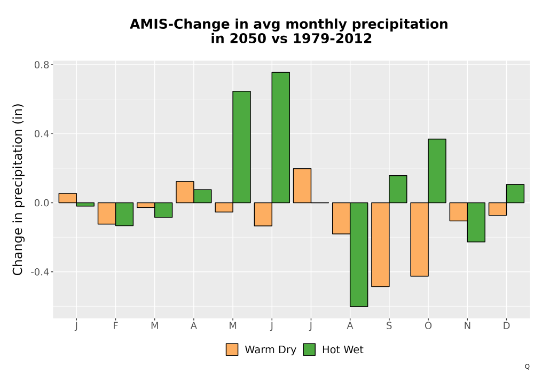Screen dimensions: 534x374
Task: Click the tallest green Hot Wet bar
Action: tap(281, 137)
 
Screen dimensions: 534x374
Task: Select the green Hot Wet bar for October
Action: tap(437, 170)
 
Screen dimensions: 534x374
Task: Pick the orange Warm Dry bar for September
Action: tap(380, 245)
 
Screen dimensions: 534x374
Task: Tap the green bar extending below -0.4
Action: tap(359, 254)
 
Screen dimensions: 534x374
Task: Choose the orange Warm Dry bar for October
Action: tap(419, 239)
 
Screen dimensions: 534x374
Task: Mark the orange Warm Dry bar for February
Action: tap(107, 213)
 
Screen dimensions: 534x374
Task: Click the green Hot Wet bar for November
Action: tap(476, 222)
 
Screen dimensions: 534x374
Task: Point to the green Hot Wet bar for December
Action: tap(515, 193)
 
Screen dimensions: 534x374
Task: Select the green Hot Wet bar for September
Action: tap(398, 189)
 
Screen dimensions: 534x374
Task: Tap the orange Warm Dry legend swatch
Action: tap(232, 349)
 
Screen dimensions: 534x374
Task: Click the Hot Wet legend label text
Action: tap(343, 349)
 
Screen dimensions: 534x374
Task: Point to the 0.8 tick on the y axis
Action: tap(51, 64)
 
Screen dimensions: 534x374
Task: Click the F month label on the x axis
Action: tap(115, 326)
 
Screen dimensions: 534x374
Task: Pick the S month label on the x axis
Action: tap(389, 326)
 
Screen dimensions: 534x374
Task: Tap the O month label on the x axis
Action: tap(428, 326)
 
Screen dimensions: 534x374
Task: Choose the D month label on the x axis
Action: tap(506, 326)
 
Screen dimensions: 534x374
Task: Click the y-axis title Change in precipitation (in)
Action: tap(18, 189)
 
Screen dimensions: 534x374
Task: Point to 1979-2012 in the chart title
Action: tap(332, 38)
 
